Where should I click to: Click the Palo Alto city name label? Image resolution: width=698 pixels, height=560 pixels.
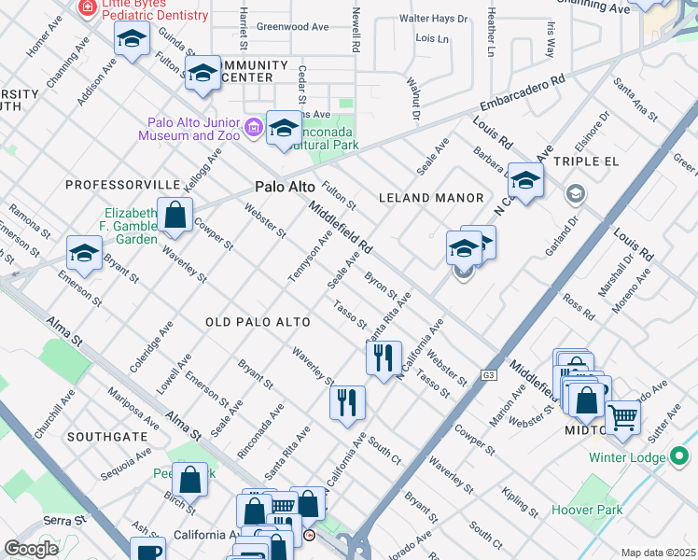click(285, 188)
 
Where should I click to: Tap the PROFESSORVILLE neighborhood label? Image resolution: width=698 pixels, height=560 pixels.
click(122, 185)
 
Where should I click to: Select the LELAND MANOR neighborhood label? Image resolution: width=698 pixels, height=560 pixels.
click(431, 198)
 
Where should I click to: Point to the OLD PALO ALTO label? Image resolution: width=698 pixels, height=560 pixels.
click(257, 322)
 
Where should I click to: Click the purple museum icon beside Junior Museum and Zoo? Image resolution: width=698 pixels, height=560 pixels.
click(253, 128)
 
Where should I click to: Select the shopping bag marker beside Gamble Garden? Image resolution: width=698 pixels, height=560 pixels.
click(175, 215)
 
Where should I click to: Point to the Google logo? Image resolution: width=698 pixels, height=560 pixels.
click(31, 548)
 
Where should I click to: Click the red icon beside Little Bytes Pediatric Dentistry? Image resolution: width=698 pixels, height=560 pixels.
click(88, 7)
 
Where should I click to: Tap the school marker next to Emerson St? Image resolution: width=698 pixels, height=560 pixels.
click(84, 252)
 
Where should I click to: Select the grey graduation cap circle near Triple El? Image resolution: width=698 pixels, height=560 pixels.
click(576, 193)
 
